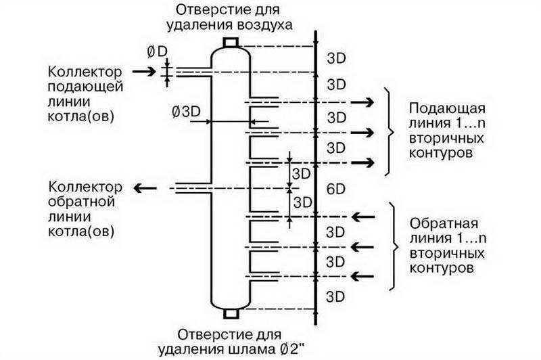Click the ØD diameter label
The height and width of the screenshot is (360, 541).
click(157, 52)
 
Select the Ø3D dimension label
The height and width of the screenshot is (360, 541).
click(186, 112)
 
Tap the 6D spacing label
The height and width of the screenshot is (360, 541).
click(335, 189)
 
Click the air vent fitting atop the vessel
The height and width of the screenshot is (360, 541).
click(231, 43)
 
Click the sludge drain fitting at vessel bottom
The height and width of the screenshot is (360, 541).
click(231, 313)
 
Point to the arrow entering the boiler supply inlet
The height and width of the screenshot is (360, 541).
click(144, 72)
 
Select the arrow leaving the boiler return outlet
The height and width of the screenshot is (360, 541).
click(145, 188)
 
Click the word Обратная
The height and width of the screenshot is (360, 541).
click(444, 224)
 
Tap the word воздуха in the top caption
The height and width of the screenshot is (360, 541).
click(264, 25)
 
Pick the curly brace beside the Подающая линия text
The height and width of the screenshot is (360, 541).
click(390, 131)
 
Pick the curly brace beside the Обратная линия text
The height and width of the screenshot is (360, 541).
click(394, 246)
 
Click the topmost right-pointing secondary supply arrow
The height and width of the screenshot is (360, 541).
click(362, 102)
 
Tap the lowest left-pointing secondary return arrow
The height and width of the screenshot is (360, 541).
click(362, 277)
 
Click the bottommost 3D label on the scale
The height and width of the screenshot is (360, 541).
click(335, 296)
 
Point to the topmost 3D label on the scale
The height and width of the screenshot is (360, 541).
click(336, 58)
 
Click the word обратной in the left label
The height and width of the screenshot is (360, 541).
click(81, 202)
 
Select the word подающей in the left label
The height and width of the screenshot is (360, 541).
click(85, 87)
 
